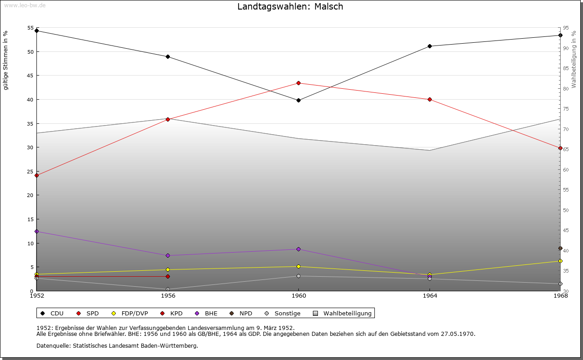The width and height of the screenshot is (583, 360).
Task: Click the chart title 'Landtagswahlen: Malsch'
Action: tap(290, 7)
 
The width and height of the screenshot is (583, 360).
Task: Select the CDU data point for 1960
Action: tap(298, 100)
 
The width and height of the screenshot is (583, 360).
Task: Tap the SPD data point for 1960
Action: tap(298, 83)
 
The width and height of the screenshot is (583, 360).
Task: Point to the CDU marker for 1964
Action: tap(430, 46)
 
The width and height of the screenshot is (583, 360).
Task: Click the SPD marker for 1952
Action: tap(36, 175)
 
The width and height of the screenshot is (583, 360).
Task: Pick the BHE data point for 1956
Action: tap(168, 255)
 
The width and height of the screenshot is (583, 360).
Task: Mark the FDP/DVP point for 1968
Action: tap(560, 261)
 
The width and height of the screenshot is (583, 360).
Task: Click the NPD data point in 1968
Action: tap(560, 248)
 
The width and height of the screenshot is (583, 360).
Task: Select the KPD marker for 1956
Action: tap(168, 276)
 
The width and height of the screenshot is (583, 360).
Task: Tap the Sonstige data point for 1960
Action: tap(298, 276)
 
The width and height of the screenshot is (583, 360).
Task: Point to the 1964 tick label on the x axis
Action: tap(430, 296)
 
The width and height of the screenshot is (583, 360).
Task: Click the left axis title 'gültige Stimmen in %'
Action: tap(6, 61)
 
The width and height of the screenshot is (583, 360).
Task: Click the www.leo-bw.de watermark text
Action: tap(18, 4)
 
